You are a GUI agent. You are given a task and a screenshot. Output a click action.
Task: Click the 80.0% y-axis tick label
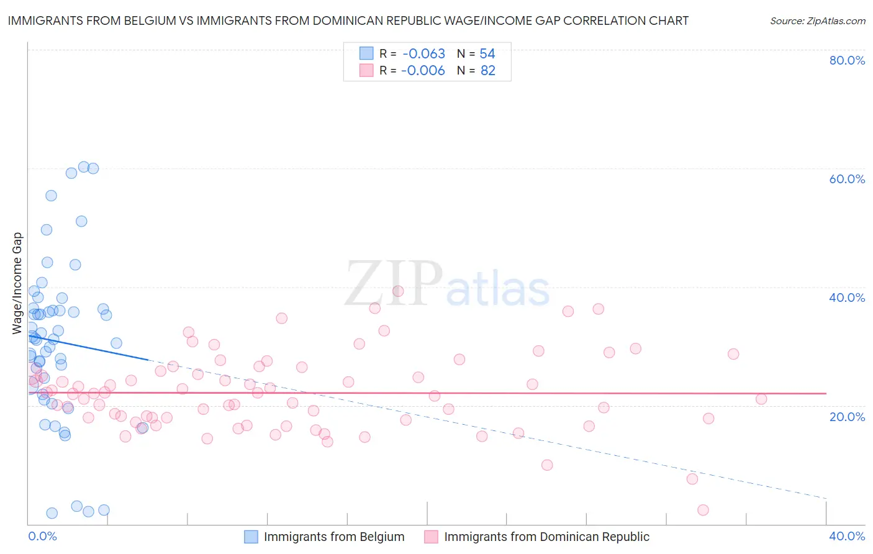(x=847, y=60)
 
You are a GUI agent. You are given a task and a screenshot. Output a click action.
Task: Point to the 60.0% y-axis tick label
(x=847, y=179)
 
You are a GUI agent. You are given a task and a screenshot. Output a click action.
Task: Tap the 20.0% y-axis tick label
(x=847, y=416)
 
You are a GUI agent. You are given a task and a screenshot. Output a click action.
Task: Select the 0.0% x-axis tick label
(x=42, y=536)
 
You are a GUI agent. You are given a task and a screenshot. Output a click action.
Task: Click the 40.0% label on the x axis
(x=847, y=536)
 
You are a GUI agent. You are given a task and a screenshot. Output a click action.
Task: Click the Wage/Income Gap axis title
(x=17, y=283)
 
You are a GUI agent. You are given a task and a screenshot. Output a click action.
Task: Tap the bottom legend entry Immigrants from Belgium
(x=334, y=537)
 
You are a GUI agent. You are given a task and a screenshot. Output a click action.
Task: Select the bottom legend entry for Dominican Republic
(x=546, y=537)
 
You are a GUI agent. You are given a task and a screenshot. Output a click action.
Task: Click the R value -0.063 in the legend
(x=423, y=54)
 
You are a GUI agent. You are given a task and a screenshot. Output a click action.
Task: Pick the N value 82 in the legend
(x=488, y=71)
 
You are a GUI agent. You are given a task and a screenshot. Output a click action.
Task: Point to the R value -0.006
(x=423, y=71)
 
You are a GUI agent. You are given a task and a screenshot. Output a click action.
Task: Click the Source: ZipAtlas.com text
(x=817, y=21)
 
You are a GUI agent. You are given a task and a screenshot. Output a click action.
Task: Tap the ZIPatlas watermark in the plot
(x=447, y=284)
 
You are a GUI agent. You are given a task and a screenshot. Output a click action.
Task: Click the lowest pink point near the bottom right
(x=703, y=510)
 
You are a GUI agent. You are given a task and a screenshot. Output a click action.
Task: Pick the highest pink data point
(x=398, y=291)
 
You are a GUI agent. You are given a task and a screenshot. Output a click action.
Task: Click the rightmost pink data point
(x=761, y=399)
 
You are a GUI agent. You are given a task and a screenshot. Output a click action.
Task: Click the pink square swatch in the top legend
(x=366, y=71)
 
